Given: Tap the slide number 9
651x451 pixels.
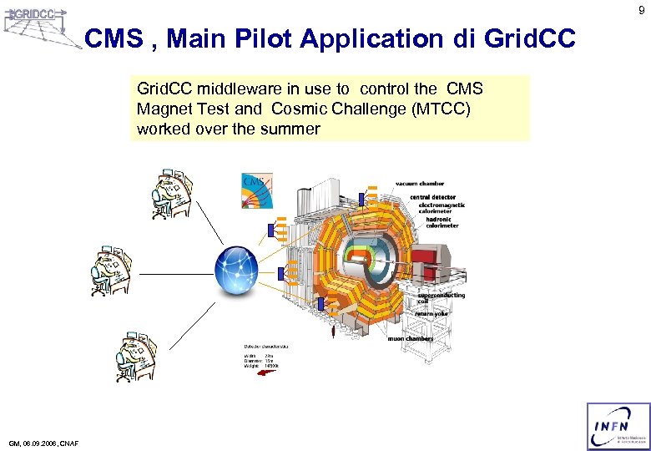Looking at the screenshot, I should pos(641,10).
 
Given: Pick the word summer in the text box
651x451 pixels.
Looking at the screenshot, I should pos(290,129).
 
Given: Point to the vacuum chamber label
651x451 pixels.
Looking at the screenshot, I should pos(420,183).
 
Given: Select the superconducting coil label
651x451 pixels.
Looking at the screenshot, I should pos(442,298).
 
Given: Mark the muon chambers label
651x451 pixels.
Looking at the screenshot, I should pos(410,338).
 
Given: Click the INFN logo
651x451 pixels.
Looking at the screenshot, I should pos(618,426).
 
